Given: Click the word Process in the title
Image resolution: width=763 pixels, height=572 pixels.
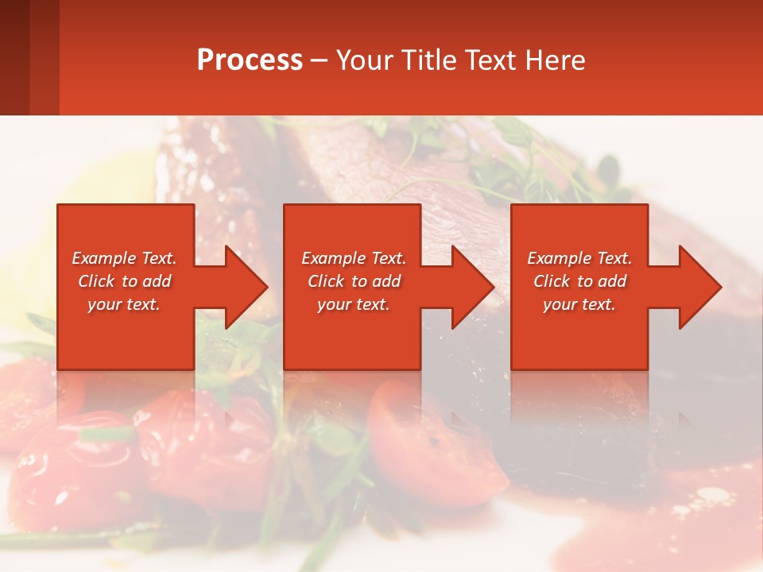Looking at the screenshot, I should tap(250, 60).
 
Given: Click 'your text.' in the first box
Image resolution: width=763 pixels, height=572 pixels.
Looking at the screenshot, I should tap(124, 304).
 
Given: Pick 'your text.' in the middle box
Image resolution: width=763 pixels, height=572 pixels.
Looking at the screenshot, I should tap(353, 304).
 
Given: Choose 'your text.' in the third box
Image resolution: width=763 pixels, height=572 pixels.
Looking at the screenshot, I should tap(579, 304).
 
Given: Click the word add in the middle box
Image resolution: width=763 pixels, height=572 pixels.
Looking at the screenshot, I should tap(386, 281).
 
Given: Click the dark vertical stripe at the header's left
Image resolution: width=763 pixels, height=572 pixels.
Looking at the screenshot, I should tap(14, 57).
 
